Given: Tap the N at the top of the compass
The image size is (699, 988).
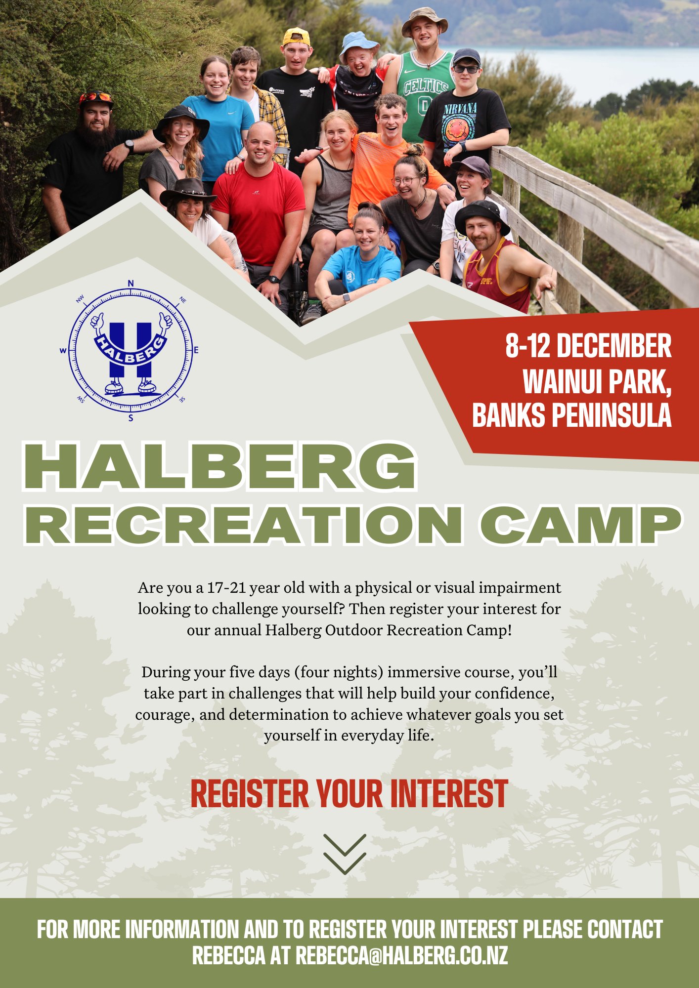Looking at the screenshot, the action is click(131, 283).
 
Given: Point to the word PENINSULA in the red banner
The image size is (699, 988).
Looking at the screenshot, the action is click(612, 415).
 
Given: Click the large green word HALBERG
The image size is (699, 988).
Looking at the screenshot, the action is click(219, 467).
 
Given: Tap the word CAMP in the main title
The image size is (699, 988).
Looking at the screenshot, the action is click(580, 525).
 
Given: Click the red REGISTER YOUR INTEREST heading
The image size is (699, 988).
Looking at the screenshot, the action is click(349, 794).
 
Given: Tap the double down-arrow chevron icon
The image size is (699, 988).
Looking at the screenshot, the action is click(345, 854).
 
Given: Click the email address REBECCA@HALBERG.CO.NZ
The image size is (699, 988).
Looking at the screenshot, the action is click(401, 955).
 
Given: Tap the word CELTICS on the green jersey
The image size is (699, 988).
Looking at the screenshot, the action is click(426, 86).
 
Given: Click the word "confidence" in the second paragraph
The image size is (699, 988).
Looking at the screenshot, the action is click(515, 694).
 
